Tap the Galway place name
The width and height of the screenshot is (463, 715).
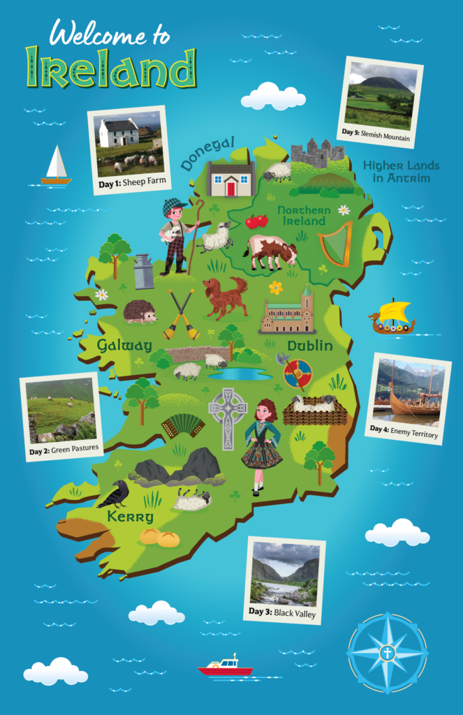click(124, 345)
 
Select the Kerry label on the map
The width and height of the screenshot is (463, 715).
click(131, 517)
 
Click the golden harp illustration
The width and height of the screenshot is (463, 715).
click(335, 244)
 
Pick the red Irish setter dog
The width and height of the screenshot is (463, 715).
click(225, 295)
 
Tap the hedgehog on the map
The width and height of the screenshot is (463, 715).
click(140, 312)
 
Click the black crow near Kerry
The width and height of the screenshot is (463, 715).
click(114, 493)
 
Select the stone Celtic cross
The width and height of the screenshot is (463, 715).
click(228, 418)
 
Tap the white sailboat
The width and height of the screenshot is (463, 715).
click(56, 168)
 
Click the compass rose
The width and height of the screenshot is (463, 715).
click(388, 653)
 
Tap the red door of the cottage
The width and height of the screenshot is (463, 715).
click(230, 187)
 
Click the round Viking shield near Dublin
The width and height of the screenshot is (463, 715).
click(298, 373)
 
